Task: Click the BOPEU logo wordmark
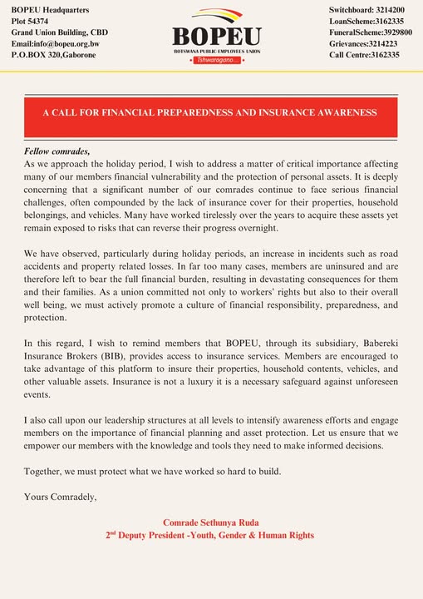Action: tap(216, 37)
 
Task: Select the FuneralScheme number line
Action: tap(371, 32)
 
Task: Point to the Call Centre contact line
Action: tap(364, 55)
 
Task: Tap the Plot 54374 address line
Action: tap(30, 20)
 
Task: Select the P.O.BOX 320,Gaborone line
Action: tap(53, 55)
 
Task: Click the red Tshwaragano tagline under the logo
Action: tap(216, 62)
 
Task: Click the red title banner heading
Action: tap(210, 111)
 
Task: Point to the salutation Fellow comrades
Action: tap(57, 151)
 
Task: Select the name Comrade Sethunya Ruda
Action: tap(210, 522)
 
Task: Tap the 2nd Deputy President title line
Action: tap(210, 536)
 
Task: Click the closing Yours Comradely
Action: tap(61, 498)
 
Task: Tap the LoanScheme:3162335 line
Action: tap(366, 20)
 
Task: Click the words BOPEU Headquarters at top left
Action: tap(50, 8)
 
